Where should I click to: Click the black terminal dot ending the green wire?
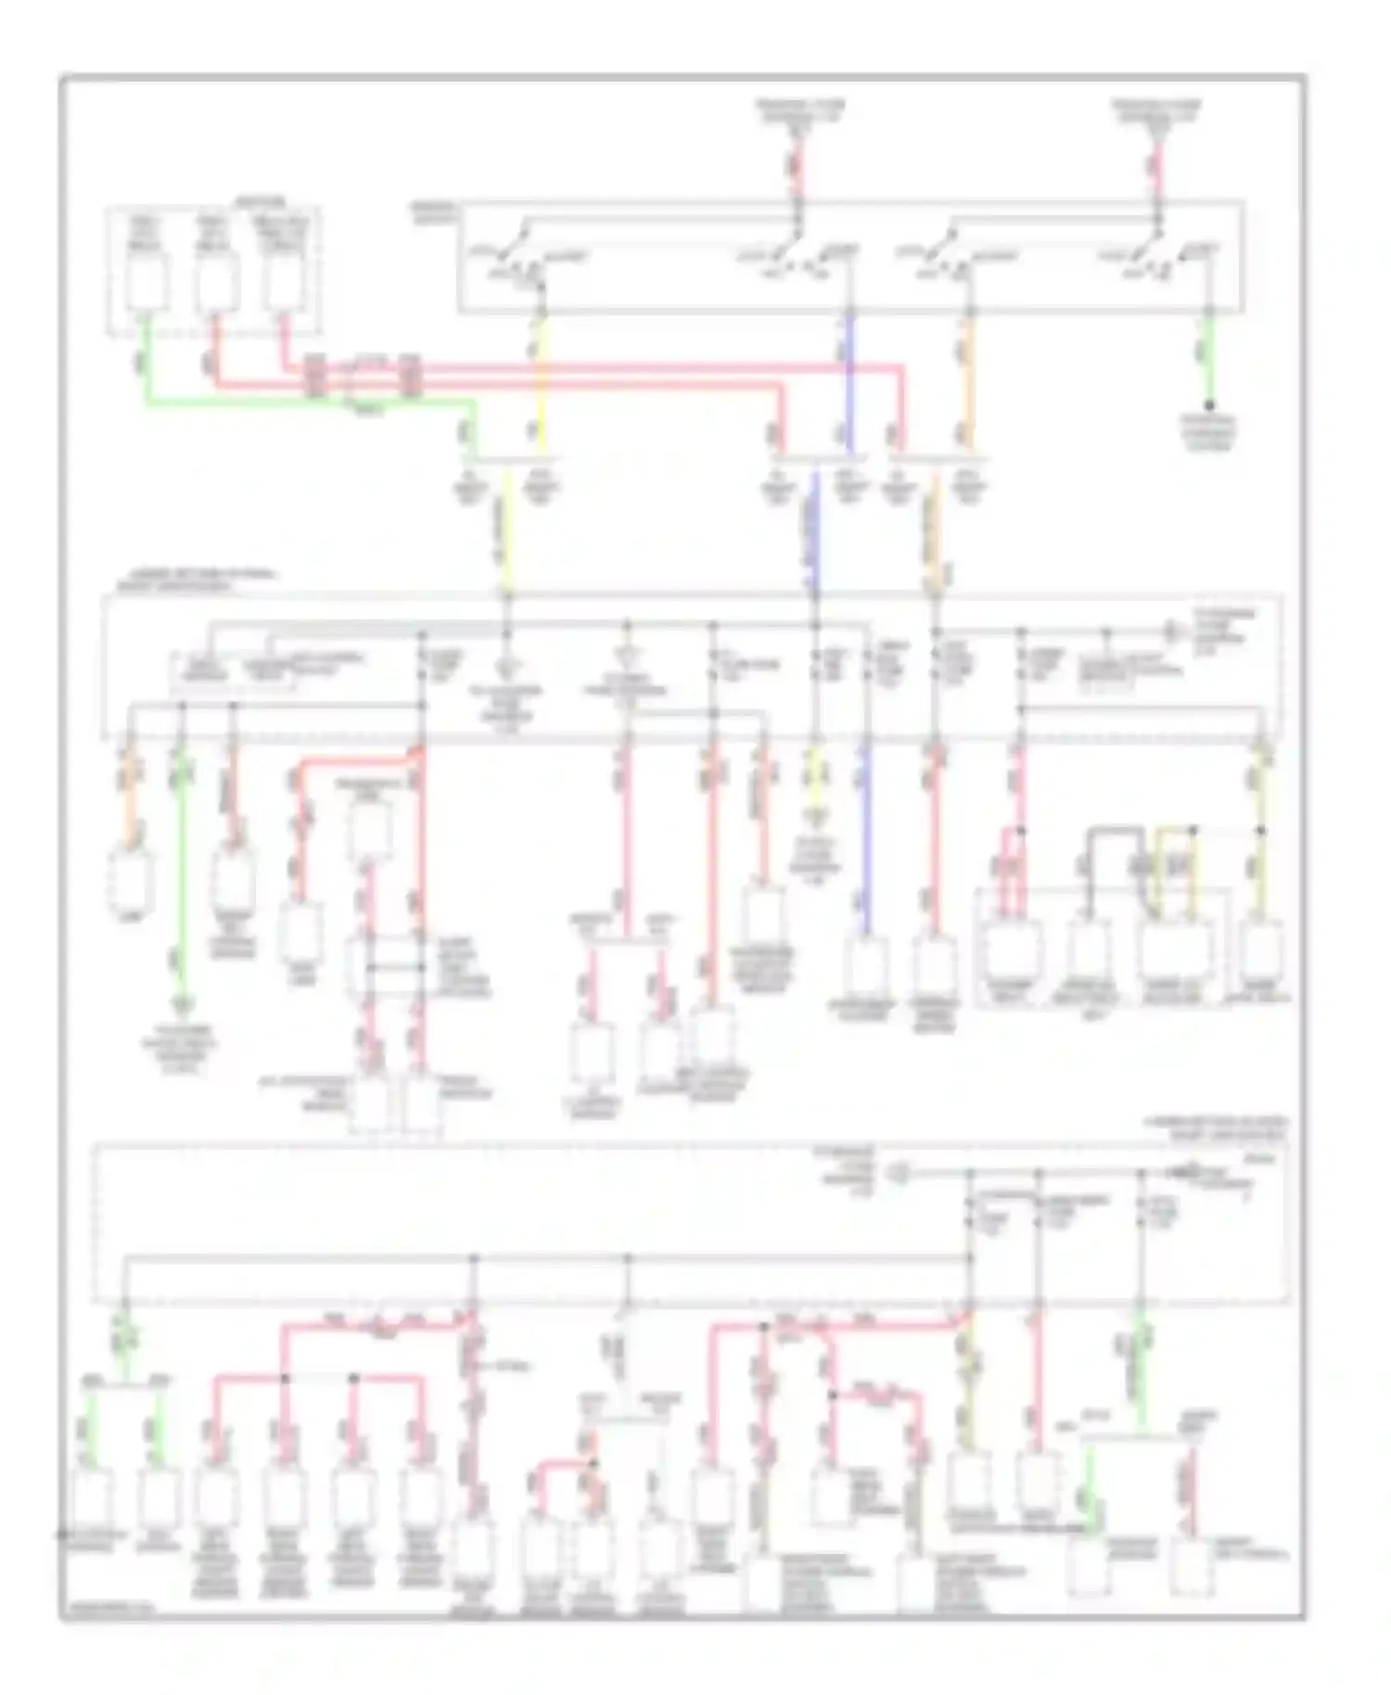1209,405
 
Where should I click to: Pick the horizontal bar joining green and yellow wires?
509,460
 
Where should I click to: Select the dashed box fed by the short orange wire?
131,878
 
